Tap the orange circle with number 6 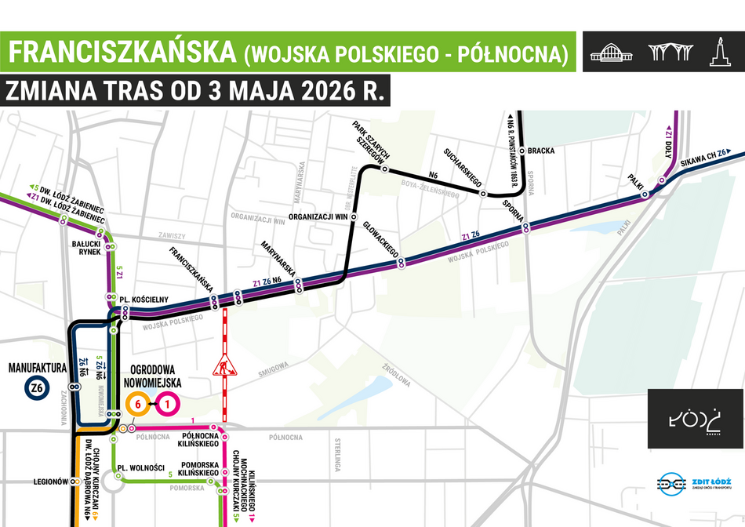coord(137,405)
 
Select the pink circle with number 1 coord(168,405)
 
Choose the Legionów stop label coord(52,481)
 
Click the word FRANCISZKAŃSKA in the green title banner coord(122,52)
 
